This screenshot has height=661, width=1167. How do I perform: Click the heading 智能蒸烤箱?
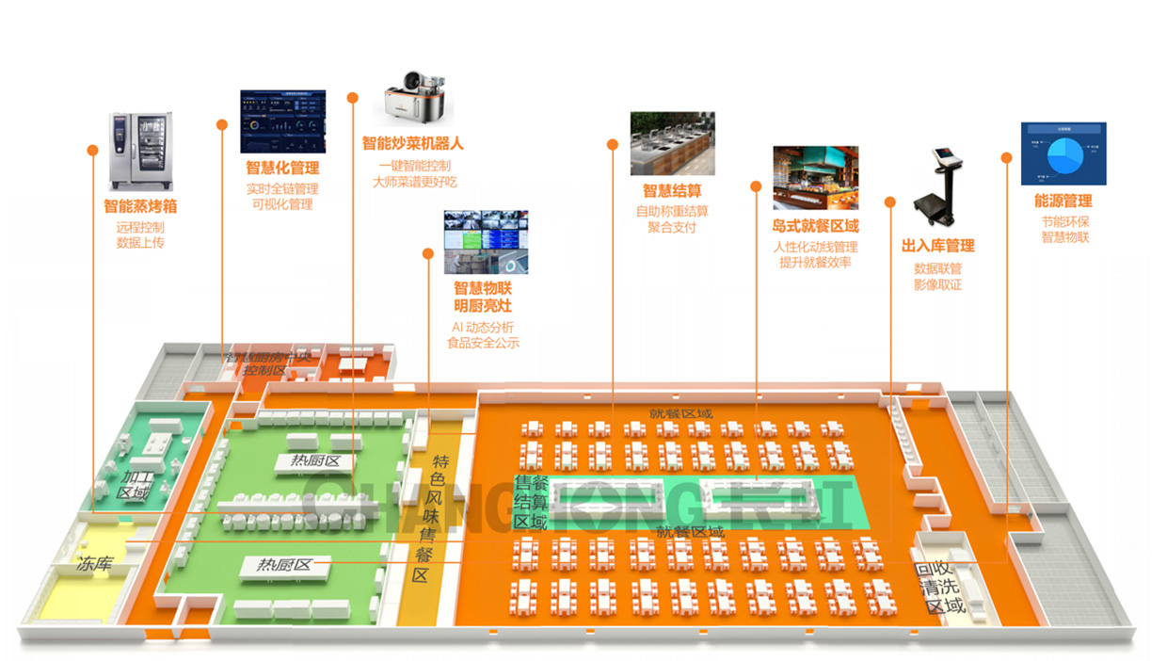(x=141, y=205)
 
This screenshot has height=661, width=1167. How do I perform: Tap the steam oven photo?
(x=141, y=150)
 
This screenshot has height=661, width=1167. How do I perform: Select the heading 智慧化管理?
(x=282, y=168)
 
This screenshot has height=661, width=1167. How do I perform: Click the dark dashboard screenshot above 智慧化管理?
(x=282, y=121)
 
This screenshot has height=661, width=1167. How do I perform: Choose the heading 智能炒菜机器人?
(x=413, y=144)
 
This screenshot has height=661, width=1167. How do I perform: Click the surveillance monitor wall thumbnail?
(x=486, y=242)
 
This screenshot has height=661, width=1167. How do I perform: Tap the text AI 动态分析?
(x=483, y=327)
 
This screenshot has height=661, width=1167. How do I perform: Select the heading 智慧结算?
(x=672, y=190)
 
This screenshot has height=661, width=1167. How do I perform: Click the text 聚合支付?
(x=672, y=227)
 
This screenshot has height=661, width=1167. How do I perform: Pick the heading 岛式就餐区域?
(x=815, y=226)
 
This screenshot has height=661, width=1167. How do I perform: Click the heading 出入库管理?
(x=937, y=246)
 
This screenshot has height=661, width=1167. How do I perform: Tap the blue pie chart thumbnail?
(x=1063, y=153)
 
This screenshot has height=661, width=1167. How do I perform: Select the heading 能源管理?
(x=1063, y=202)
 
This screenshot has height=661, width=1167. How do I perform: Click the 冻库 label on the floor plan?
(x=95, y=564)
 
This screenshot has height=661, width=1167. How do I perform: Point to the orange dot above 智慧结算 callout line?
(x=613, y=145)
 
